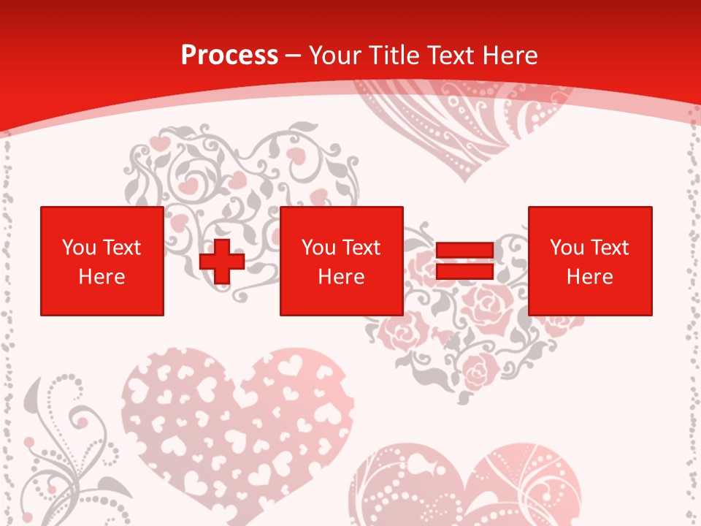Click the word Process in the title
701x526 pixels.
tap(229, 56)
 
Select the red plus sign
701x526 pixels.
tap(222, 262)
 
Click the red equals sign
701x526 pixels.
tap(465, 261)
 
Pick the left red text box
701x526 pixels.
tap(102, 261)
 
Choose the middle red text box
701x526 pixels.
tap(341, 261)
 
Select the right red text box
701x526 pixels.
tap(590, 261)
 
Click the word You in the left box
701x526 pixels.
tap(79, 248)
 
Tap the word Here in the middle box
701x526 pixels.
tap(341, 277)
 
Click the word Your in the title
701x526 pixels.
tap(337, 56)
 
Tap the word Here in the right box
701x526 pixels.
tap(590, 277)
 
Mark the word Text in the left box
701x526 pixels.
tap(122, 248)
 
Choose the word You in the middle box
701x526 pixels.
tap(318, 248)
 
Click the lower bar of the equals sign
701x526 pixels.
tap(465, 271)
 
